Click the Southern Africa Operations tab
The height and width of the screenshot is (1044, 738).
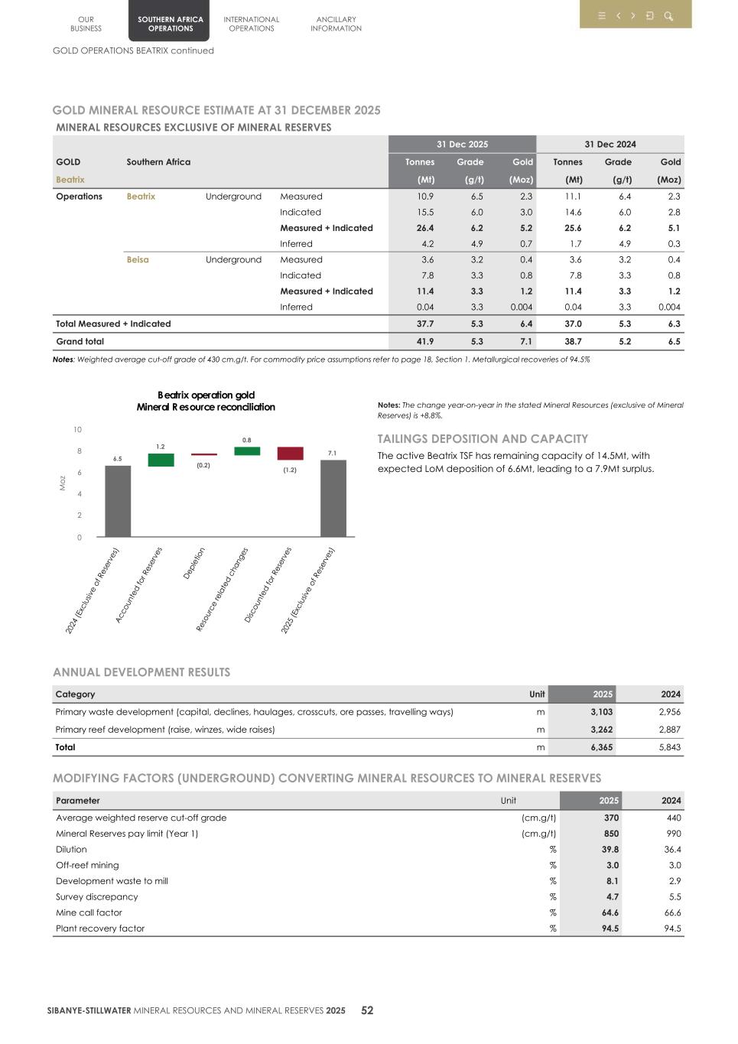tap(170, 24)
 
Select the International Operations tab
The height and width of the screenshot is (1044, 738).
tap(251, 24)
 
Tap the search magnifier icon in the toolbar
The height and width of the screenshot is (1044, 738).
tap(668, 16)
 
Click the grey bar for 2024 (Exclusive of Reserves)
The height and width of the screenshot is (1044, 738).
tap(118, 501)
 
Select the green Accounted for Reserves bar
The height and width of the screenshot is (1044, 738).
tap(161, 460)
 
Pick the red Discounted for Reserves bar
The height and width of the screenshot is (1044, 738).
tap(290, 454)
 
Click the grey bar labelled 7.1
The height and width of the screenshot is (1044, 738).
tap(333, 498)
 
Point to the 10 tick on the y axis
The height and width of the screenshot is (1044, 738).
tap(78, 430)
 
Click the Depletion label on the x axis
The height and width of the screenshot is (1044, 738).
tap(194, 563)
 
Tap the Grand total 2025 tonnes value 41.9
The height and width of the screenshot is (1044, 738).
tap(425, 342)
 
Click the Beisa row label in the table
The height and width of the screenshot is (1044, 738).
tap(138, 260)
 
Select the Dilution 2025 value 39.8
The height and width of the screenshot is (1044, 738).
tap(610, 850)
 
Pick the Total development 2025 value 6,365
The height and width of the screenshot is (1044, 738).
tap(601, 747)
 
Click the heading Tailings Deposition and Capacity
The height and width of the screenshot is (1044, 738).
tap(483, 439)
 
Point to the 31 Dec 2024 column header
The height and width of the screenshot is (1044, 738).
tap(610, 145)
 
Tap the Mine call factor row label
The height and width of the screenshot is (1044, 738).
tap(89, 912)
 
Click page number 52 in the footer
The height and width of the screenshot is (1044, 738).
tap(367, 1010)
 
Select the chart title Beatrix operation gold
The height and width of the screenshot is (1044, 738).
tap(206, 395)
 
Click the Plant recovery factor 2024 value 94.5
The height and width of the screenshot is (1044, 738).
tap(672, 929)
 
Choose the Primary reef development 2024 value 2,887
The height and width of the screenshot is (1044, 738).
tap(669, 730)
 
